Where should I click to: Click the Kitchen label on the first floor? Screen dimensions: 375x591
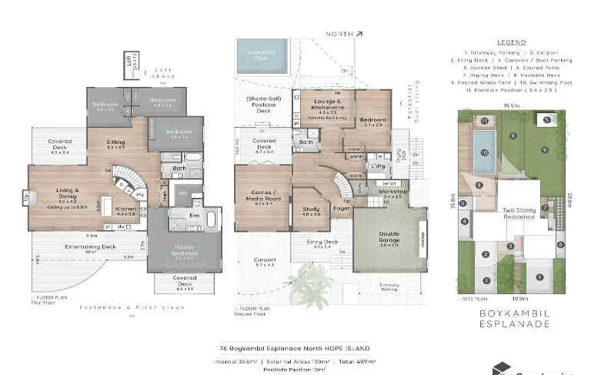tap(125, 209)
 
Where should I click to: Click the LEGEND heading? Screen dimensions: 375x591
tap(511, 42)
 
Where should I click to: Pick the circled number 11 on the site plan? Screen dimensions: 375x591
tap(484, 121)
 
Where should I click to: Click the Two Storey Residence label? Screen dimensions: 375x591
tap(518, 213)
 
